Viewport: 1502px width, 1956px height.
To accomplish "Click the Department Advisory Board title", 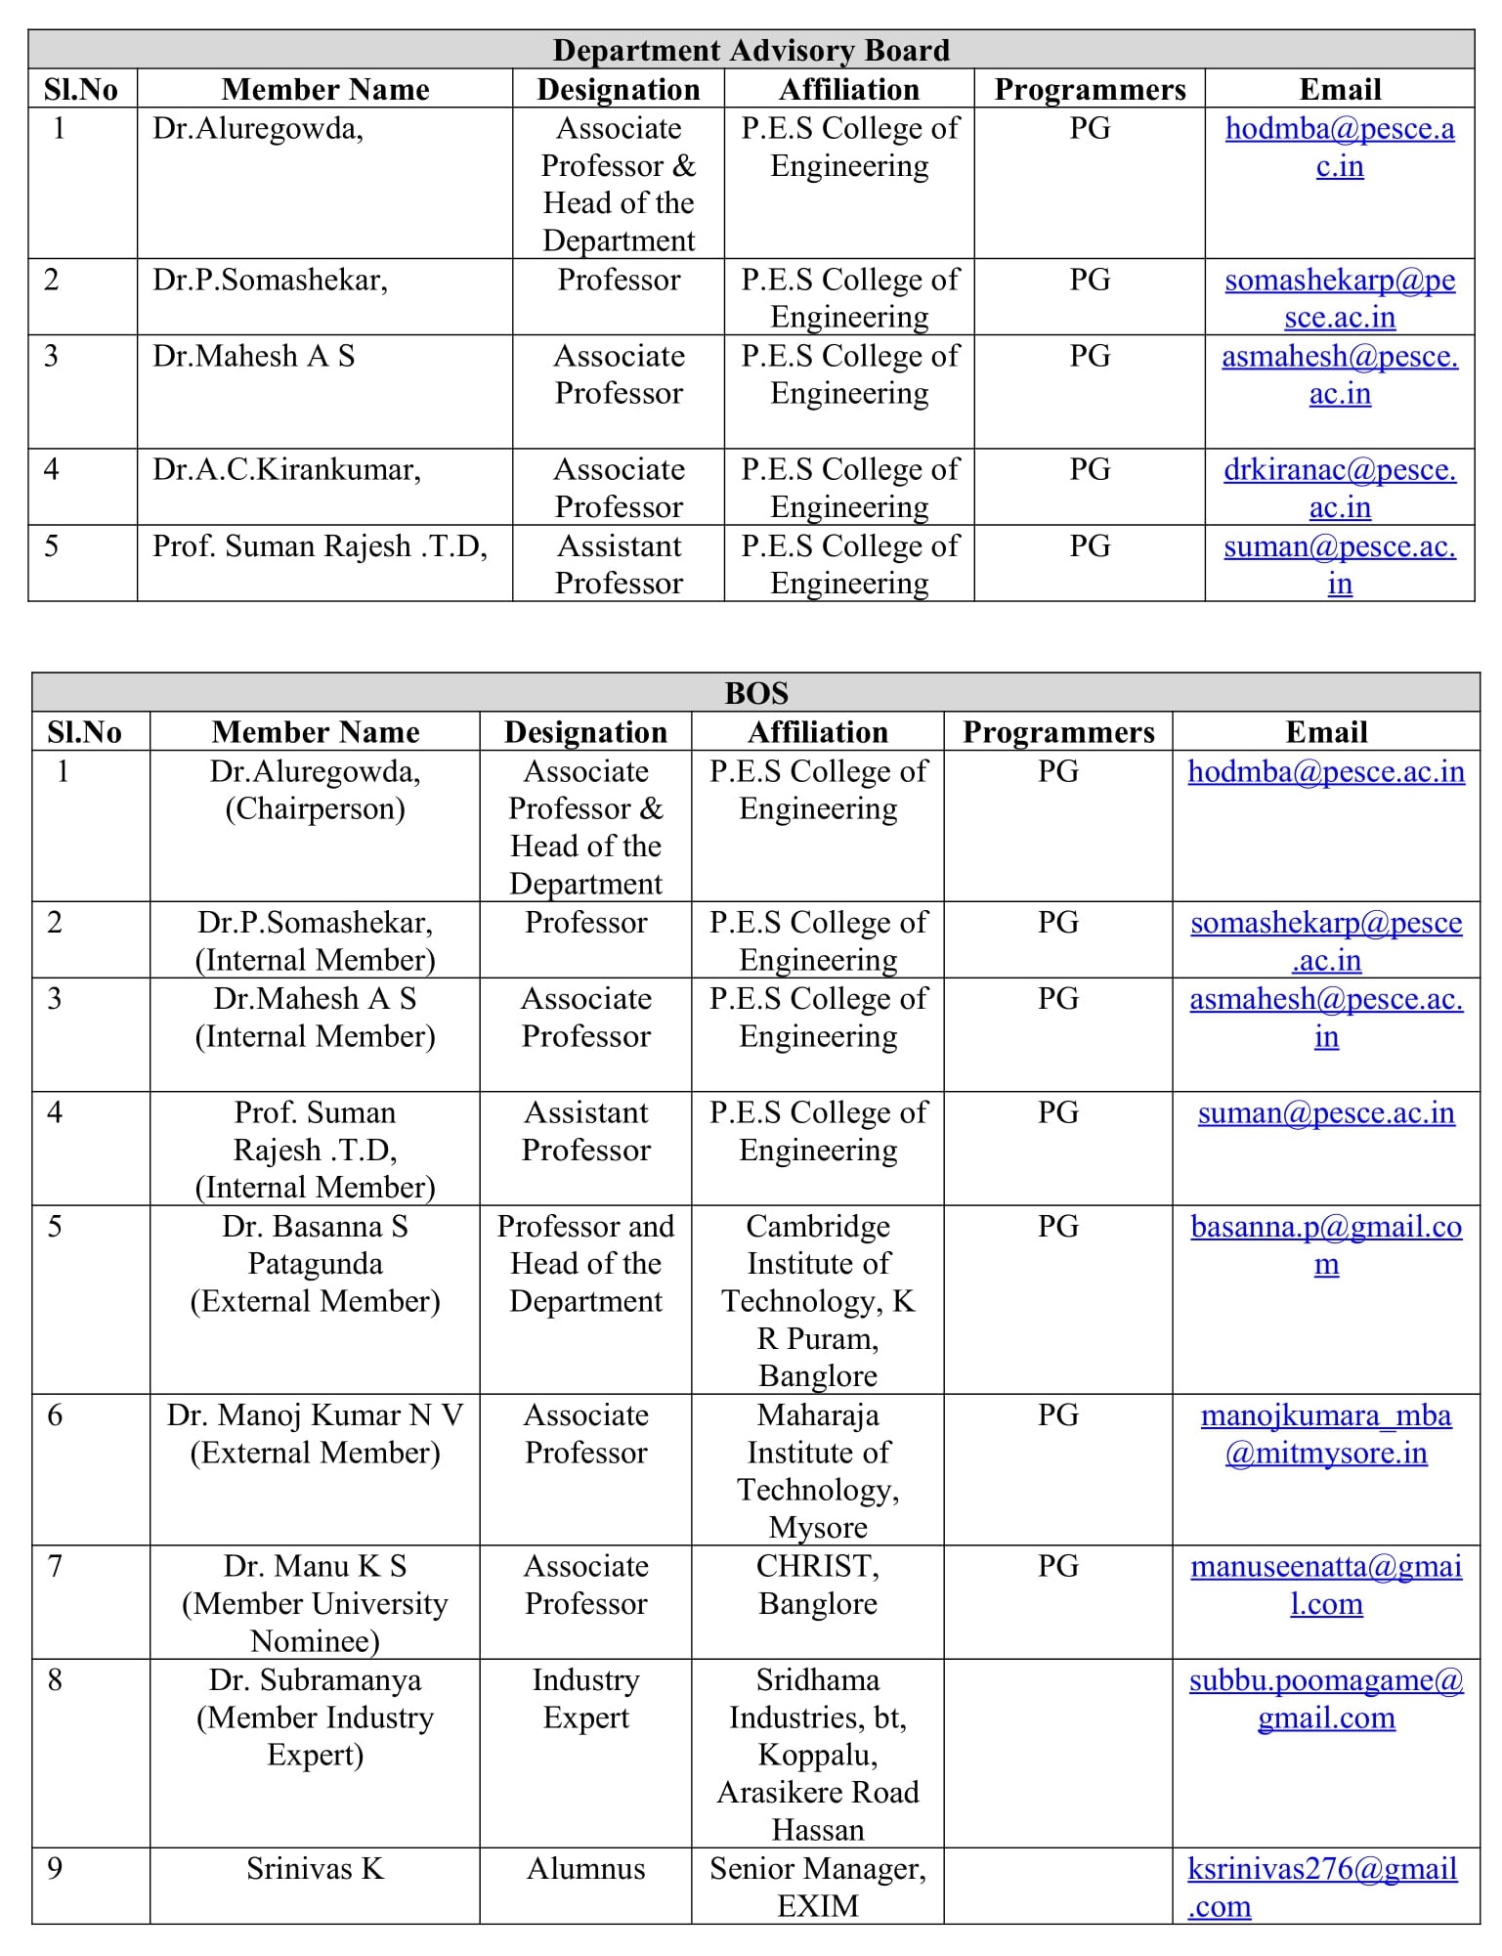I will [x=751, y=50].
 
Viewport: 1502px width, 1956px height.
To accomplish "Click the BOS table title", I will [x=755, y=693].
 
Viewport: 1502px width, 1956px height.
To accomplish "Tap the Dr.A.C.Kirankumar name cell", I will [x=286, y=470].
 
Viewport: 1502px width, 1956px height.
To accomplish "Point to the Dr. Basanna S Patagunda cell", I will [x=315, y=1264].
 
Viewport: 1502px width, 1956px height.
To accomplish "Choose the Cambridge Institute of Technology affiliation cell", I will [x=817, y=1300].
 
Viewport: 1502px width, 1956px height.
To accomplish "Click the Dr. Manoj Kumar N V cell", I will [x=315, y=1434].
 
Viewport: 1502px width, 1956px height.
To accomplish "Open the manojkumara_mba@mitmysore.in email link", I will [x=1325, y=1434].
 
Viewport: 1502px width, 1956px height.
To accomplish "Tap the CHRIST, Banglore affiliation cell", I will [x=817, y=1585].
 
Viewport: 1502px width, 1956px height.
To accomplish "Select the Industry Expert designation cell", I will [x=585, y=1699].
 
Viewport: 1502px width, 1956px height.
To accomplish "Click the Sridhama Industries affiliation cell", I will [x=817, y=1754].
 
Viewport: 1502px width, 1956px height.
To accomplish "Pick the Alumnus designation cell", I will [x=585, y=1869].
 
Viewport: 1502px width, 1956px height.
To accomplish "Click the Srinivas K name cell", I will [x=315, y=1869].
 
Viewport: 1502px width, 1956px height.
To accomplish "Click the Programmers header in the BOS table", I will [x=1058, y=732].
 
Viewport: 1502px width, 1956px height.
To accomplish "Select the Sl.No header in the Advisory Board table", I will [x=81, y=90].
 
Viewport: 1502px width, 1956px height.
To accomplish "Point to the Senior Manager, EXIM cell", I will [x=817, y=1887].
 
